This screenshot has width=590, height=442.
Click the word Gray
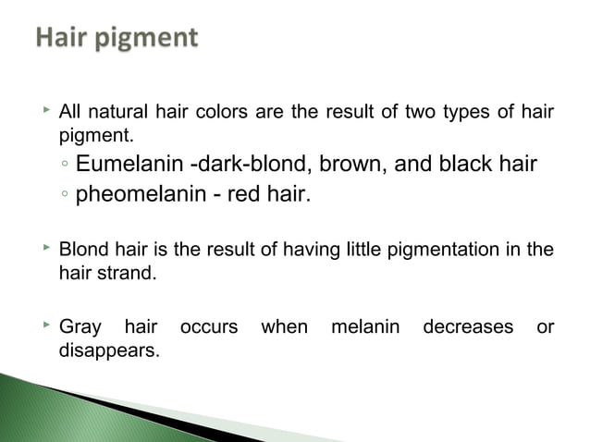pos(80,327)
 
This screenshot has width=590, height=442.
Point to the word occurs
pos(208,327)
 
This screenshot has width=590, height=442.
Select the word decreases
pos(468,327)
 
